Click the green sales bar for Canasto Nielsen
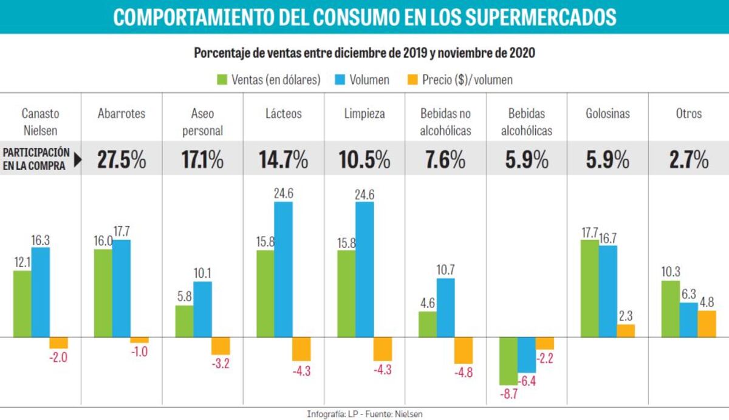point(22,303)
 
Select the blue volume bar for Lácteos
point(283,269)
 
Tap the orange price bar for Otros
point(707,323)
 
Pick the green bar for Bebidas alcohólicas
point(508,360)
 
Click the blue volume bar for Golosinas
point(607,291)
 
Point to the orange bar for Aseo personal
point(221,345)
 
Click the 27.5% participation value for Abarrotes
point(122,160)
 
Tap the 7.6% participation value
point(445,160)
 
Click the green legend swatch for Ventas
point(222,80)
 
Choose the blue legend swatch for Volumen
point(340,80)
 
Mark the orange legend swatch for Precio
point(411,80)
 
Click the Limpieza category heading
point(364,114)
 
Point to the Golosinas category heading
point(607,114)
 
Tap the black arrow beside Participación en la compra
point(78,160)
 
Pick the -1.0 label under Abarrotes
point(139,351)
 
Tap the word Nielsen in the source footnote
point(408,414)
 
